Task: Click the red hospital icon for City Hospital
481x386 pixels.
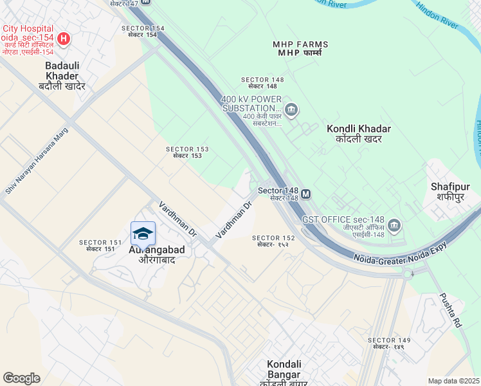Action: [63, 39]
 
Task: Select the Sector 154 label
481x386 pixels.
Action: [143, 32]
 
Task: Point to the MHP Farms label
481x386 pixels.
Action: [300, 48]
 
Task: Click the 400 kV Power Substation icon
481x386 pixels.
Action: [291, 110]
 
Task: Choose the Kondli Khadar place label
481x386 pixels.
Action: [359, 133]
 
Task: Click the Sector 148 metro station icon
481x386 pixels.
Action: [306, 193]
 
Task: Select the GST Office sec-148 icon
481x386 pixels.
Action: [394, 225]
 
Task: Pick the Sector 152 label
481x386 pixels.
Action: [273, 241]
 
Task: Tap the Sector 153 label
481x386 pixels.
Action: [188, 152]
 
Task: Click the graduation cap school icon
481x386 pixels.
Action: [143, 233]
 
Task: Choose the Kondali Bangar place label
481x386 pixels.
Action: [284, 369]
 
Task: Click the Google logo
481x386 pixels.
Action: [22, 378]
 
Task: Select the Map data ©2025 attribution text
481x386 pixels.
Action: [454, 381]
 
